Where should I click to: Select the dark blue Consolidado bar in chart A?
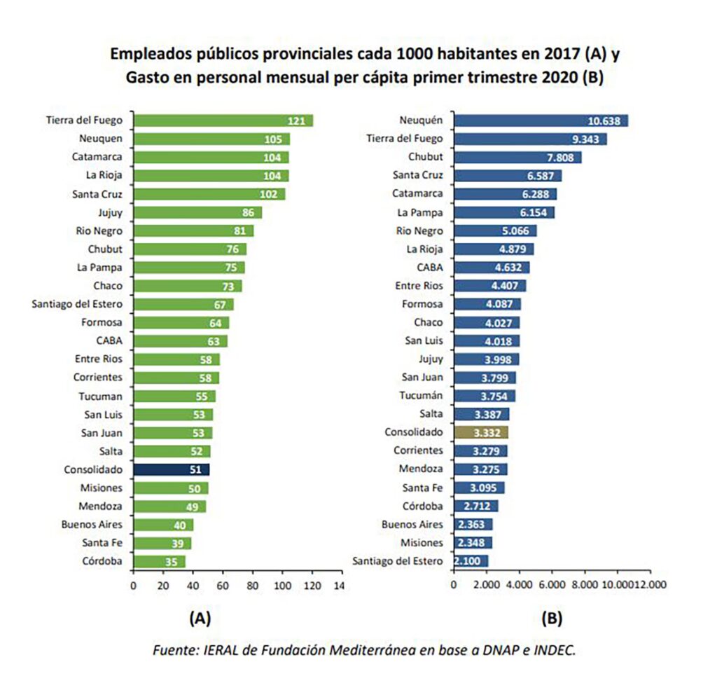[x=171, y=470]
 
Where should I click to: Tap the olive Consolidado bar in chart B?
[x=481, y=432]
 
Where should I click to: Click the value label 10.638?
[x=606, y=120]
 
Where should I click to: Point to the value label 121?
[x=296, y=120]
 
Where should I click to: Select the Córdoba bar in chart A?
[x=159, y=561]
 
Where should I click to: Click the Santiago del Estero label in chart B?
[x=398, y=561]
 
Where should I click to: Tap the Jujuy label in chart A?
[x=109, y=212]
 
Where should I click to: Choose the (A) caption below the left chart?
[x=200, y=619]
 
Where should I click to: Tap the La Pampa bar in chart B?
[x=504, y=212]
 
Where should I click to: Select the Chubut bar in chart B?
[x=517, y=157]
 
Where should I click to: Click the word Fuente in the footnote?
[x=173, y=650]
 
